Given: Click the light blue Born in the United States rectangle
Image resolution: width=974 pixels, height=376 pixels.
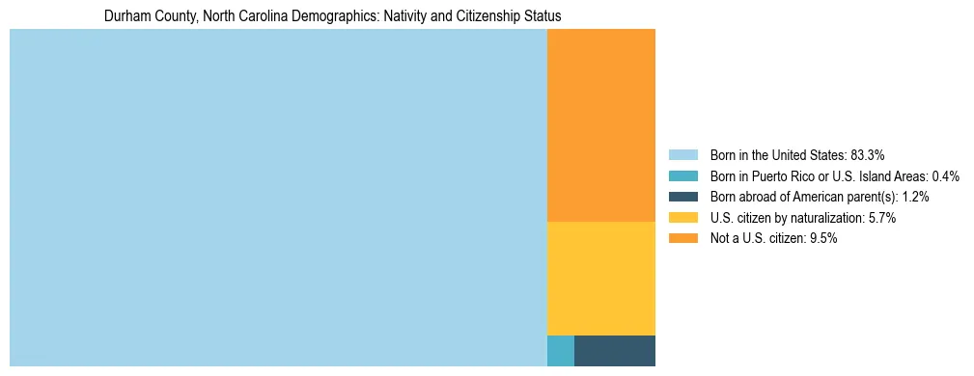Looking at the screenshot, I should click(278, 198).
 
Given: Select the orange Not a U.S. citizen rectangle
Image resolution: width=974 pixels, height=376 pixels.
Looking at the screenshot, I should click(600, 125).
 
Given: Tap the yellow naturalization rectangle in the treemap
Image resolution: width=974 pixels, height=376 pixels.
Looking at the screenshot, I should click(600, 278).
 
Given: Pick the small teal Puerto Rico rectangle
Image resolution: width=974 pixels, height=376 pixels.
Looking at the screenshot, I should click(560, 351).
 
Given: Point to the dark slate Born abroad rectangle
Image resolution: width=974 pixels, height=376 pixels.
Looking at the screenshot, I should click(614, 351).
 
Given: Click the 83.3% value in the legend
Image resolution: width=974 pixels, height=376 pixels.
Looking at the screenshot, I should click(867, 155).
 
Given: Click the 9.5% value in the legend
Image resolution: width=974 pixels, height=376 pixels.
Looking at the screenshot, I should click(822, 239).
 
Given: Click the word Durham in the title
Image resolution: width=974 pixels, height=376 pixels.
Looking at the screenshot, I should click(125, 16).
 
